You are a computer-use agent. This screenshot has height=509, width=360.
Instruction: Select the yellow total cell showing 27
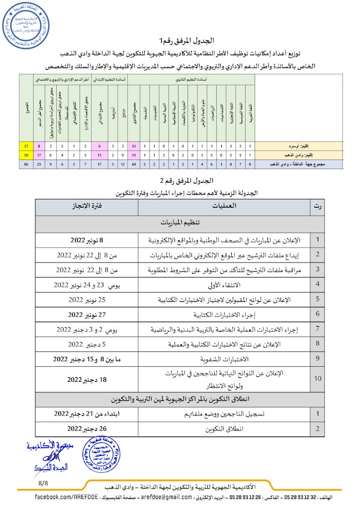click(26, 146)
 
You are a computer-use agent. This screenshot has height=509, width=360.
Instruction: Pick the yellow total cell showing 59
click(26, 155)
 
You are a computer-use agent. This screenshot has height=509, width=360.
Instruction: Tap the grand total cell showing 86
click(26, 163)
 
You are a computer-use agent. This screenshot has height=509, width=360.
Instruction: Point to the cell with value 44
click(134, 163)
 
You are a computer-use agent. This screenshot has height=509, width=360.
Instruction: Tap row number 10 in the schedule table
click(318, 379)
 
